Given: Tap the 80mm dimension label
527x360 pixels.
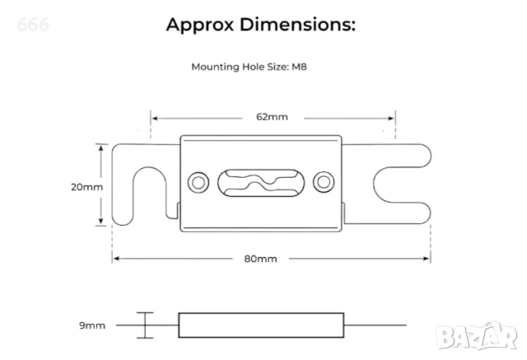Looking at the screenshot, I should (260, 259).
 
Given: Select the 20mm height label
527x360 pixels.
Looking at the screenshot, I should (86, 186).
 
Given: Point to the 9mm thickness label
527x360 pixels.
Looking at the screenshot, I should (92, 325).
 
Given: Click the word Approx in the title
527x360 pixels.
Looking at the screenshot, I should (199, 25).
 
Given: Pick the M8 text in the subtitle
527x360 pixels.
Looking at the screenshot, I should (301, 68).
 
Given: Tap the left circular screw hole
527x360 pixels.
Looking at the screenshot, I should (198, 181).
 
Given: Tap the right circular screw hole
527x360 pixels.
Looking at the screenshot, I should (324, 181).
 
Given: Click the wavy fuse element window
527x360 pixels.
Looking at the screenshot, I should (261, 181).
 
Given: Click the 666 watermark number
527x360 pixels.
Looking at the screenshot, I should (33, 25).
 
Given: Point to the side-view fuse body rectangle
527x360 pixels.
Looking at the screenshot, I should (261, 325).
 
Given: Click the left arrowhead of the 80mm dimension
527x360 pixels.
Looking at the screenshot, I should (115, 259).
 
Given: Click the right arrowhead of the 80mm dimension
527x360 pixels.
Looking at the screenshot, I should (428, 259).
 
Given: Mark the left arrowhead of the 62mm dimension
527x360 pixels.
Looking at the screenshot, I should (153, 117).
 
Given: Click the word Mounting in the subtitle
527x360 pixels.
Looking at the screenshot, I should (212, 68).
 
